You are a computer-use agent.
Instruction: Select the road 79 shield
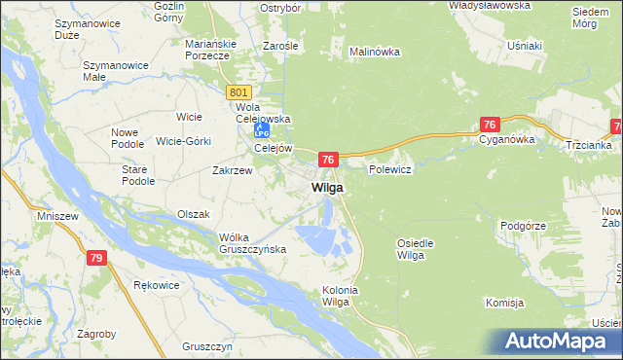[x=94, y=258]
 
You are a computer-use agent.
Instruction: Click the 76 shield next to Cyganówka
[x=490, y=125]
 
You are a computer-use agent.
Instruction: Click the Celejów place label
[x=274, y=148]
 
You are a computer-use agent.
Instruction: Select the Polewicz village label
[x=391, y=168]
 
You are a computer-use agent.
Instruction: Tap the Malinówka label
[x=375, y=52]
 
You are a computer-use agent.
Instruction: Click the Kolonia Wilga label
[x=341, y=296]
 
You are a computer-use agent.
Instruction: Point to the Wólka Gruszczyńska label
[x=252, y=242]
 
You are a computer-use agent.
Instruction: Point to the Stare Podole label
[x=138, y=175]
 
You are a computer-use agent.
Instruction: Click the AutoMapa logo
[x=559, y=341]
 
